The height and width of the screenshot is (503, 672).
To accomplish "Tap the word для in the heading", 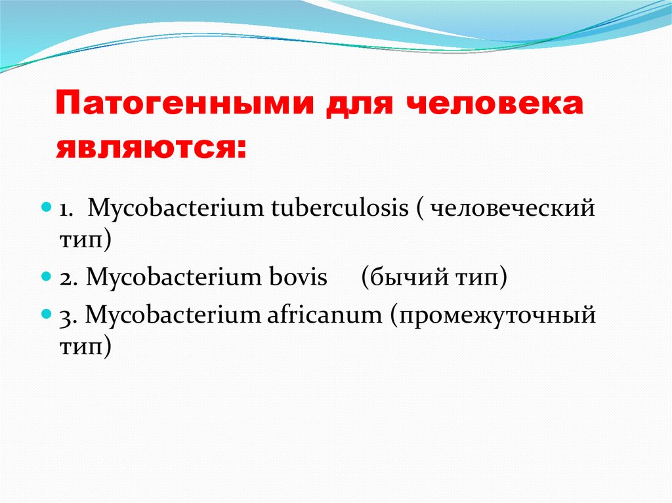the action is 359,106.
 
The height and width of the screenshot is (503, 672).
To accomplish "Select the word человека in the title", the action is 494,104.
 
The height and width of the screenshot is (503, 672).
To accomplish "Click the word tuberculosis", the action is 340,208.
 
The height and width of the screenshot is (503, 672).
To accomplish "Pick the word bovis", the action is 298,277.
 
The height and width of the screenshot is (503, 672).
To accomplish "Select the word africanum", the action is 324,315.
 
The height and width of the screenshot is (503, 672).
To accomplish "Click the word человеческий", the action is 512,209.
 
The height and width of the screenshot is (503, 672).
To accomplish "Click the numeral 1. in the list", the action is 65,209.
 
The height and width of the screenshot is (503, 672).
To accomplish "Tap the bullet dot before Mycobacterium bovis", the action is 46,276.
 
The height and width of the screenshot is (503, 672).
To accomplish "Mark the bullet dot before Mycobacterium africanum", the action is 46,313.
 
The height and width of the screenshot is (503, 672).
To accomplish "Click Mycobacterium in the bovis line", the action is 173,277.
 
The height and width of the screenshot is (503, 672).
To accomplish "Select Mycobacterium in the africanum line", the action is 173,315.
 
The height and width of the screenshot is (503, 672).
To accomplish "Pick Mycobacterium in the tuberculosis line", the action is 176,209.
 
